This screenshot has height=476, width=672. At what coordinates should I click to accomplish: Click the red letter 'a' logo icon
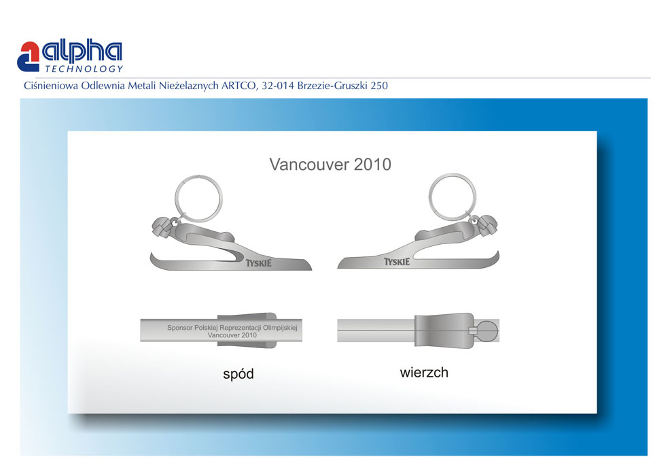tap(28, 56)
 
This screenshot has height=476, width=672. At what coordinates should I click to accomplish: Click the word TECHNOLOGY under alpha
tap(84, 69)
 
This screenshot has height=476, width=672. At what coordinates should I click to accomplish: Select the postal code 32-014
tap(278, 86)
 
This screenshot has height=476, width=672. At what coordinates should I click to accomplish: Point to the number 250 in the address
tap(379, 86)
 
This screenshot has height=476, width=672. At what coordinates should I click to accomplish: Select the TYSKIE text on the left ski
tap(258, 263)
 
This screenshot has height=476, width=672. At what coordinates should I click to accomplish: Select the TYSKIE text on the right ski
tap(397, 262)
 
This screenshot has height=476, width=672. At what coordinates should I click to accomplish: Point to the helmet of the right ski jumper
tap(488, 225)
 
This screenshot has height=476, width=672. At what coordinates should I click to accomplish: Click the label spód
tap(238, 374)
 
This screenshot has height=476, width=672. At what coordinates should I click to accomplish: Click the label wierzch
tap(424, 372)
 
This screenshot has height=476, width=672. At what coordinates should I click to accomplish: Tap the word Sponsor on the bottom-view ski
tap(179, 328)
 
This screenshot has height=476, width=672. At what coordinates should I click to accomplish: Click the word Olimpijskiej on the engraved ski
tap(280, 328)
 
